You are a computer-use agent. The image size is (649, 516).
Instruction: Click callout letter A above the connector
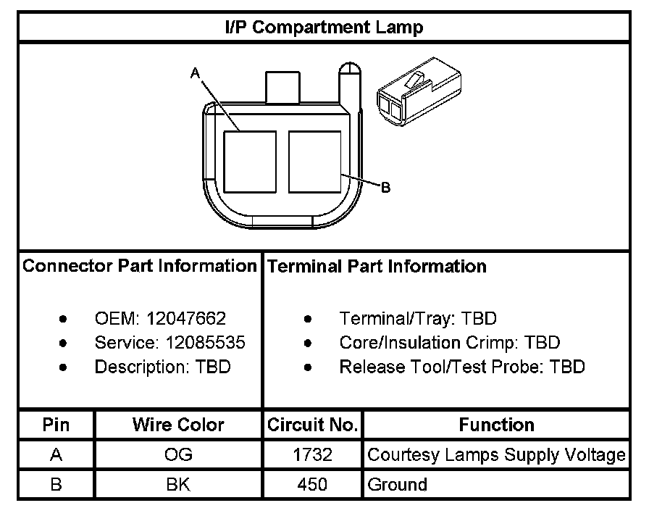194,72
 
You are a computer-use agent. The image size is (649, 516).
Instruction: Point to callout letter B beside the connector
386,188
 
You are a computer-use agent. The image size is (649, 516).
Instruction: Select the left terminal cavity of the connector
250,162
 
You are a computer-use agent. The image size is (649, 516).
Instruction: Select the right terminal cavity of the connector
314,162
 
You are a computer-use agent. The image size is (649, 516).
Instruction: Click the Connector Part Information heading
140,266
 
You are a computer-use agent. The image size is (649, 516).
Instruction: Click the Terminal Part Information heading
377,267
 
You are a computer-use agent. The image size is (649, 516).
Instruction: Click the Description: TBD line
162,367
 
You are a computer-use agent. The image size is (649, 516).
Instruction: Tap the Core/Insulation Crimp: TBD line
449,342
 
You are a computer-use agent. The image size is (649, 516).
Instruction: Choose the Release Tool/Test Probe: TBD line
461,367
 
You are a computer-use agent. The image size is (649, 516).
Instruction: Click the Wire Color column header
178,425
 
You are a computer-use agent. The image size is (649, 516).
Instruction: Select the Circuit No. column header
312,425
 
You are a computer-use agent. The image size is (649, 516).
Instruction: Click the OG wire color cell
178,455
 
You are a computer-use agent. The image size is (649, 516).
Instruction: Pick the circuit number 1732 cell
312,455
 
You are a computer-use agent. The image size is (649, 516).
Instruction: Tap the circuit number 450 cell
312,484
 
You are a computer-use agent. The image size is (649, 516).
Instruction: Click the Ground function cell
398,484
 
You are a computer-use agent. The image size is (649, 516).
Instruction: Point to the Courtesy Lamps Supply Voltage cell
496,455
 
